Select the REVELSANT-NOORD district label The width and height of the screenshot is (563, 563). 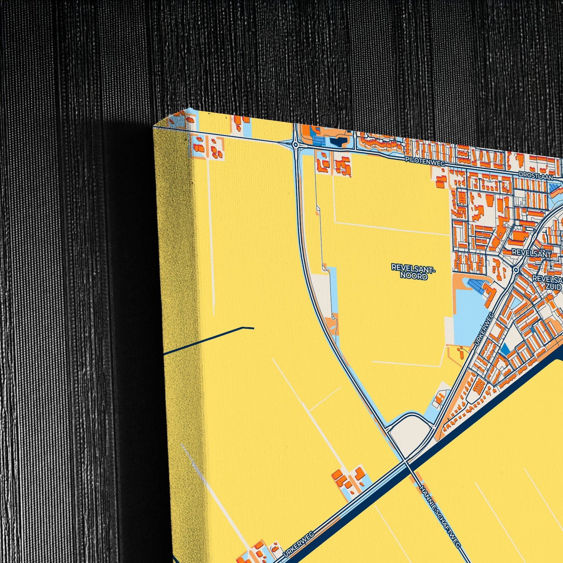413,272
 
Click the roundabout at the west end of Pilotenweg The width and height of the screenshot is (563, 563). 295,144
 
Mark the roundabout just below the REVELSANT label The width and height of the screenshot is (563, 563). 516,270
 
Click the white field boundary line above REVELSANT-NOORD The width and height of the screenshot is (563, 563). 391,228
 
